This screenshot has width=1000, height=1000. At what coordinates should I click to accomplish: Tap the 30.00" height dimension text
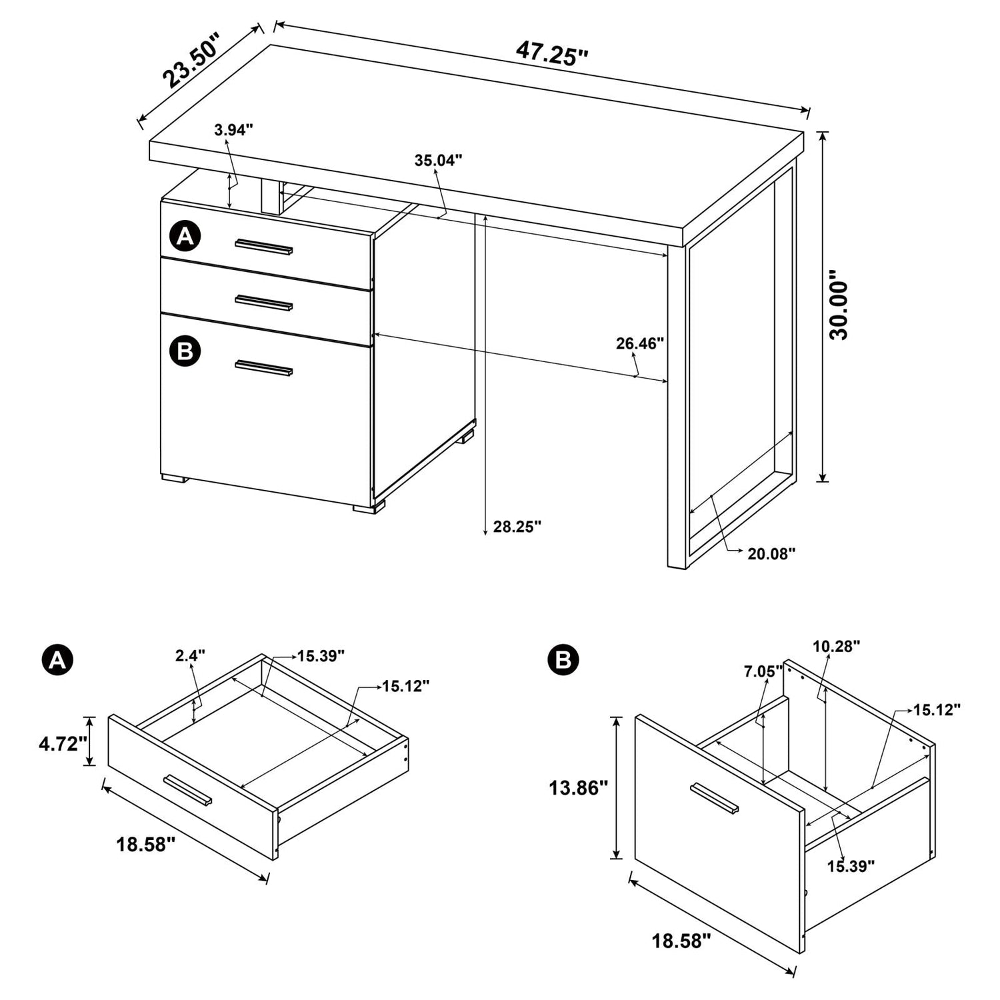click(839, 305)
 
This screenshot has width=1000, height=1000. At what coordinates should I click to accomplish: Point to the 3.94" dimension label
click(233, 130)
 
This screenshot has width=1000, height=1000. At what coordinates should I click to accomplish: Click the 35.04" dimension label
click(438, 161)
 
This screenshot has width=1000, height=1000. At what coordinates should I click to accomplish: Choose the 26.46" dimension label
click(640, 344)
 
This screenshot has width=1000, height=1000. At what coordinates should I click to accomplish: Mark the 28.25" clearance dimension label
click(517, 527)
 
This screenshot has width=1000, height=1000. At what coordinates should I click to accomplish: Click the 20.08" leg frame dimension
click(771, 553)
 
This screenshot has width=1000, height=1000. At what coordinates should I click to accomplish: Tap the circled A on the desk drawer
click(185, 236)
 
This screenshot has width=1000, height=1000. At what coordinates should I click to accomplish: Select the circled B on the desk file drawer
click(185, 351)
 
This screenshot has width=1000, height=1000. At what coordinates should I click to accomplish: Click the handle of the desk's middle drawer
click(264, 303)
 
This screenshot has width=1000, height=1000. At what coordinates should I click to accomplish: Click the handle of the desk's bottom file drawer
click(264, 368)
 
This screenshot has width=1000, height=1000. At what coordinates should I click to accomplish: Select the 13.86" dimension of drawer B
click(578, 788)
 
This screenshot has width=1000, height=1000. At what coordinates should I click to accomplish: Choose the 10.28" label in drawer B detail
click(836, 646)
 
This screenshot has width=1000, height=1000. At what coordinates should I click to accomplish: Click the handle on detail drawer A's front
click(188, 791)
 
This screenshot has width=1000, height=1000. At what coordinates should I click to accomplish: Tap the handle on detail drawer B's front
click(715, 798)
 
